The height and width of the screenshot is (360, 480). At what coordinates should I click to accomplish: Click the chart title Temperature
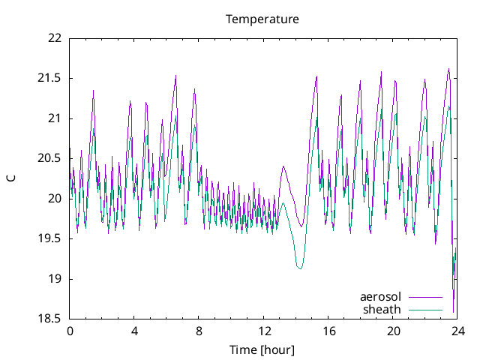coord(262,19)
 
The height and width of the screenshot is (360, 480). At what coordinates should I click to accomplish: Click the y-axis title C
coord(11,178)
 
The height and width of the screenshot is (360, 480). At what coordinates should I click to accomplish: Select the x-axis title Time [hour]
coord(262,350)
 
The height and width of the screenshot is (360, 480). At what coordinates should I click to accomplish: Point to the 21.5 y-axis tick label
coord(49,78)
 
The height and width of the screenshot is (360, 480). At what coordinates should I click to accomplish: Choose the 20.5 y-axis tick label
coord(49,158)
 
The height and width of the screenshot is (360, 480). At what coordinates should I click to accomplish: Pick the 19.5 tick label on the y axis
coord(49,238)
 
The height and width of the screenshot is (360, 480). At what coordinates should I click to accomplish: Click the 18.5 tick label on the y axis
coord(49,319)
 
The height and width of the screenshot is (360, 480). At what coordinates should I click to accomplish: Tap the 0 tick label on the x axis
coord(70,331)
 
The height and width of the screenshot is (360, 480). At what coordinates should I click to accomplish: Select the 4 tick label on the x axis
coord(134,331)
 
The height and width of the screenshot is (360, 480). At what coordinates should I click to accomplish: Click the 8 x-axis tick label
coord(199,331)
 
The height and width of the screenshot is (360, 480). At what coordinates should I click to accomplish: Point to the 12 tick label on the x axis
coord(264,331)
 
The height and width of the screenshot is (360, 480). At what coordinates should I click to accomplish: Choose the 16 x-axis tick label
coord(328,331)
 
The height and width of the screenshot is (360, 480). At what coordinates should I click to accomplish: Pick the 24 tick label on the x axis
coord(457,331)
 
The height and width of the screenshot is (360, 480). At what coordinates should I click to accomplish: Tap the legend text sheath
coord(382,309)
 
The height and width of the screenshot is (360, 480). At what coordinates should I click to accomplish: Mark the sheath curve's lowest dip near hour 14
coord(300,268)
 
